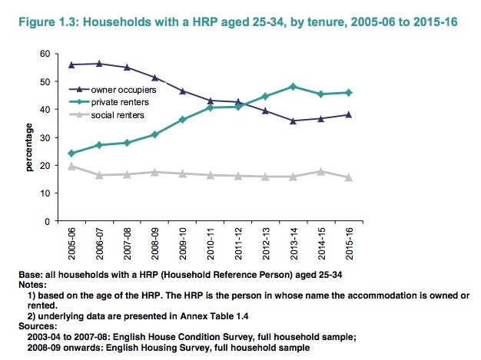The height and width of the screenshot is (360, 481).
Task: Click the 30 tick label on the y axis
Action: click(x=45, y=137)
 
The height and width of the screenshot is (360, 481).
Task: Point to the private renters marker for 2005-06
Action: click(x=72, y=153)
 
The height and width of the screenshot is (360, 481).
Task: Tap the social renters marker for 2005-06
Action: click(x=72, y=166)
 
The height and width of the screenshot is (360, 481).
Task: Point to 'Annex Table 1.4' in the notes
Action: click(x=221, y=315)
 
